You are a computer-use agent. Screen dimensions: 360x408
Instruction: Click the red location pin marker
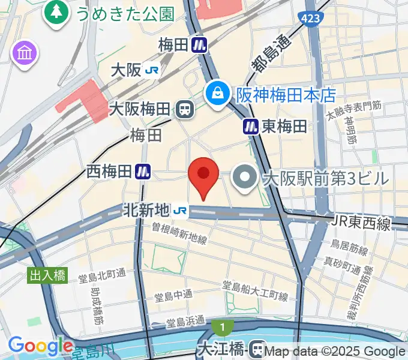(203, 175)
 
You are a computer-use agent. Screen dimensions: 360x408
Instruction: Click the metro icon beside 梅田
(200, 44)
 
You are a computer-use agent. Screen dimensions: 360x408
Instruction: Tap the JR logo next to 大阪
(152, 70)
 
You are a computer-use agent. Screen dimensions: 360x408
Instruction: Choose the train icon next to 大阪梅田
(185, 109)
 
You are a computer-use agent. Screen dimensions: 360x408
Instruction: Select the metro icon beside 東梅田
(251, 126)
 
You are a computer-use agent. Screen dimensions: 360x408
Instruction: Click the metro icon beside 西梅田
(142, 171)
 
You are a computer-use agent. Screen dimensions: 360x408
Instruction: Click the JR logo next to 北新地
(179, 211)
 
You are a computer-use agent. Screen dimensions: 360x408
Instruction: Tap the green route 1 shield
(222, 328)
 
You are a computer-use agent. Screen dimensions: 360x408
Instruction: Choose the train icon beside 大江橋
(259, 348)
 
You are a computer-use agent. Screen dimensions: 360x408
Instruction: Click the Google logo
(40, 346)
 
